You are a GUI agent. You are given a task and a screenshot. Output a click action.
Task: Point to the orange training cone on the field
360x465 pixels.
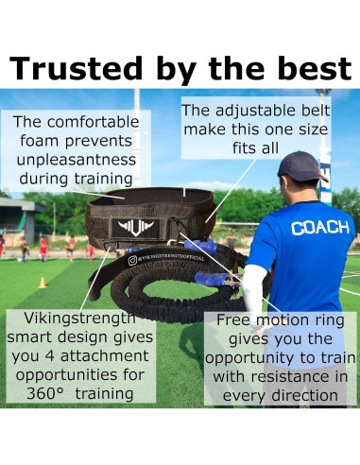pyautogui.click(x=42, y=282)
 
